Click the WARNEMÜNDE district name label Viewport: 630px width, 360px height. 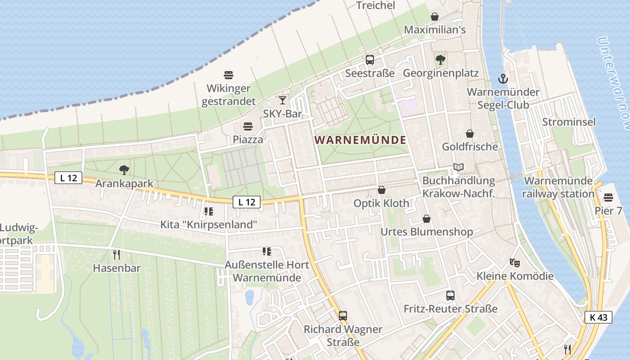[x=360, y=140]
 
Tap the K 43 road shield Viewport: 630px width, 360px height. [x=598, y=317]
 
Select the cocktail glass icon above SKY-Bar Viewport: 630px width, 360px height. [x=282, y=100]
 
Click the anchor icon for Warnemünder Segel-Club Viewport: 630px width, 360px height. [x=503, y=79]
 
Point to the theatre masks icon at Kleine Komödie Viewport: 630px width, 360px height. [x=514, y=262]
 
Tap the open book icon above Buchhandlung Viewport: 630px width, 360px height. [x=459, y=167]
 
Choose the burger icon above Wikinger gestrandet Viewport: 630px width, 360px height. [x=229, y=75]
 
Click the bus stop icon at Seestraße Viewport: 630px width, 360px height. [x=370, y=59]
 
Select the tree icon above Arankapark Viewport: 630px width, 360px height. [x=124, y=170]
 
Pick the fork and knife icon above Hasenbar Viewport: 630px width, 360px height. [x=117, y=255]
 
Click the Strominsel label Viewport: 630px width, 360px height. [x=569, y=122]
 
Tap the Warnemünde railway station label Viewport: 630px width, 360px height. [x=558, y=187]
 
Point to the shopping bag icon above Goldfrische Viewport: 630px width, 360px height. [x=470, y=134]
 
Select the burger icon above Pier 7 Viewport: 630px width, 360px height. [x=608, y=197]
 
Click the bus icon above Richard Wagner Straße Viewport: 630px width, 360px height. [x=343, y=315]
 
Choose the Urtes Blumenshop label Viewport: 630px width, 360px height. [x=427, y=232]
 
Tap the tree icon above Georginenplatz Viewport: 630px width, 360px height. [x=440, y=59]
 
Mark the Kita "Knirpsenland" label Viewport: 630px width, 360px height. [x=209, y=224]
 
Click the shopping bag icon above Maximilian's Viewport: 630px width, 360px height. [x=435, y=17]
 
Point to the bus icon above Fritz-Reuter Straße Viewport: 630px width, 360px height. [x=450, y=296]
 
